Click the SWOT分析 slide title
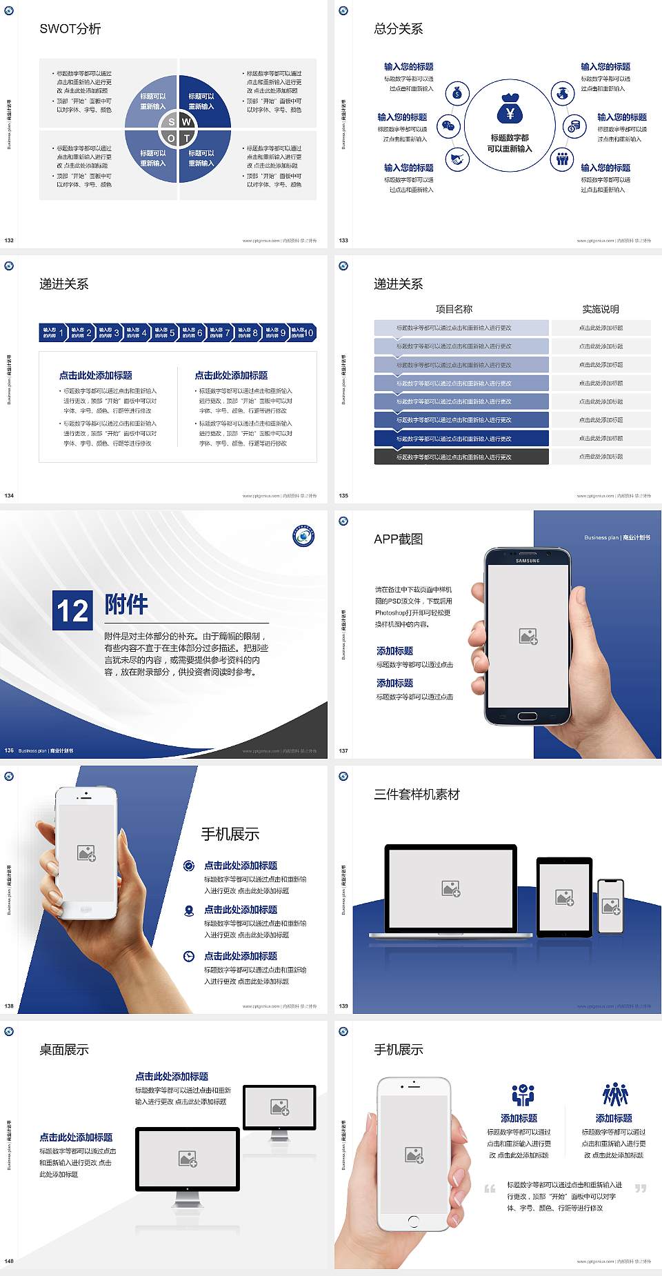pos(70,29)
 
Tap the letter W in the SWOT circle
pos(186,122)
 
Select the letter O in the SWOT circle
pos(171,138)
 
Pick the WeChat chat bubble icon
pos(449,126)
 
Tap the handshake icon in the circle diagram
pos(457,159)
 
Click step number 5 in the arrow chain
pos(172,332)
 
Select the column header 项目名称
pos(454,309)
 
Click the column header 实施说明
pos(601,309)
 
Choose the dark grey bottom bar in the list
pos(461,457)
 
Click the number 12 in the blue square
pos(72,610)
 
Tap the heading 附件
pos(126,605)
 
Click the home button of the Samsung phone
pos(527,716)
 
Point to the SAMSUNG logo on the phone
pos(528,561)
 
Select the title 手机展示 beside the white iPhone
pos(230,834)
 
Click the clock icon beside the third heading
pos(189,956)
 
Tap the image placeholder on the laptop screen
pos(451,888)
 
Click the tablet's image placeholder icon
pos(564,897)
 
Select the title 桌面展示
pos(64,1050)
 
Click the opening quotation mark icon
pos(490,1188)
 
